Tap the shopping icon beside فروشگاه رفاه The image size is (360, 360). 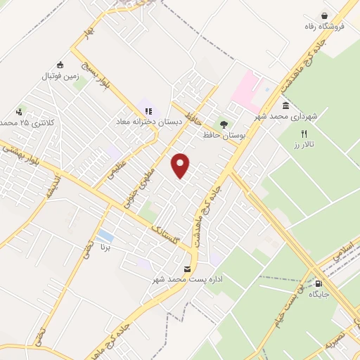324,16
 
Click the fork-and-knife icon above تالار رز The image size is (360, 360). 304,133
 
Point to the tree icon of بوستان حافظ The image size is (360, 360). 224,124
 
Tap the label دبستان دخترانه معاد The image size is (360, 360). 149,122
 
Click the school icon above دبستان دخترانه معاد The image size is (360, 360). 148,110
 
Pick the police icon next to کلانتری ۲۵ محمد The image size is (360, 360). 19,111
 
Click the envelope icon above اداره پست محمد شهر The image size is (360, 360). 187,269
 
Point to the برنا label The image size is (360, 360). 105,247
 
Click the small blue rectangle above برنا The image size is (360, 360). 105,235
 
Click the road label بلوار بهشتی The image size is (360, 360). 21,153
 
